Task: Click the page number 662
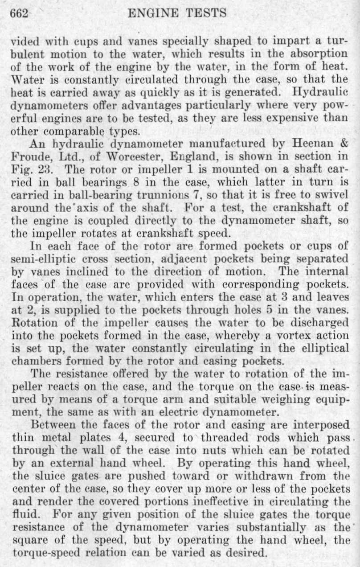[x=19, y=13]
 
